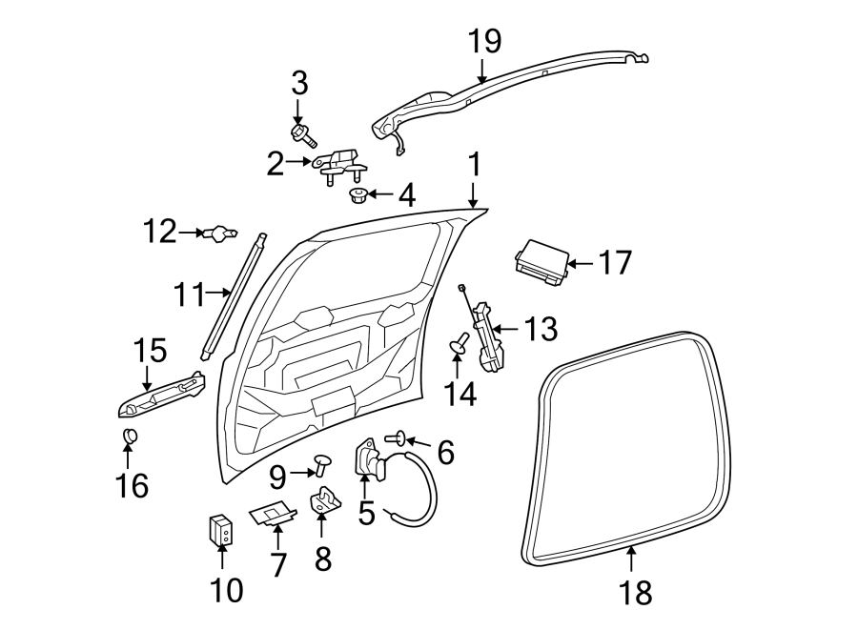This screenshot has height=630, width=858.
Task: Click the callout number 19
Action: [x=484, y=41]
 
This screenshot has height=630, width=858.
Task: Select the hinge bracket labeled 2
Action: [x=338, y=165]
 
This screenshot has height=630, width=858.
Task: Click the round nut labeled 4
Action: [x=359, y=196]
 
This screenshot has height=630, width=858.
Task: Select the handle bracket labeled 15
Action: [x=162, y=396]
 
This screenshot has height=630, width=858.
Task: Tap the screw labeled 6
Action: [x=398, y=438]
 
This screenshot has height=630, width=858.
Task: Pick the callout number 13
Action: [x=540, y=331]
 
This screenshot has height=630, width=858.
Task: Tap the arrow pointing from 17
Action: [x=581, y=263]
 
